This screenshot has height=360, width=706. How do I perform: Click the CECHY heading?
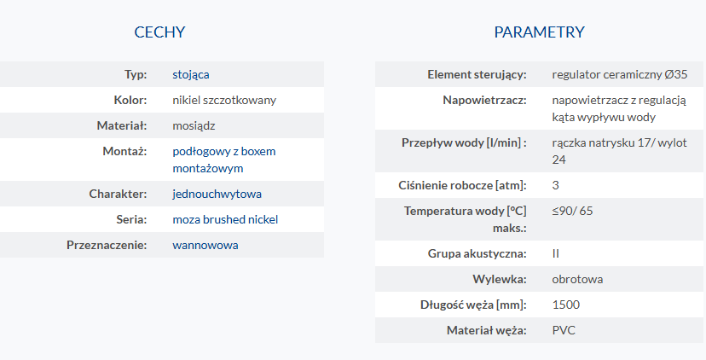pos(159,32)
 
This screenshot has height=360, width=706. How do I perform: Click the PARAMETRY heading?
pos(539,32)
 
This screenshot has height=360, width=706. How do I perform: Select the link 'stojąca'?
pos(191,74)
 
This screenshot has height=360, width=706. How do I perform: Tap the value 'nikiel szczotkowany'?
pos(224,100)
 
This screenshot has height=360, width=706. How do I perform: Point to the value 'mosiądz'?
pos(194,125)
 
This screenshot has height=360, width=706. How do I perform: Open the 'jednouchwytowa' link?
pos(217,195)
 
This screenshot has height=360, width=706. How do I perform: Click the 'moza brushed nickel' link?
pos(225,219)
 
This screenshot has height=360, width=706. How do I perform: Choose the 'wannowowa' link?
pos(205,245)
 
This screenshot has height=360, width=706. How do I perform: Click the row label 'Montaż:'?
pos(124,151)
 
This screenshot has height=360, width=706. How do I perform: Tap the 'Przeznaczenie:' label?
pos(107,245)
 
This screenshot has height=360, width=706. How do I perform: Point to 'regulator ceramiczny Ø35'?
pos(620,74)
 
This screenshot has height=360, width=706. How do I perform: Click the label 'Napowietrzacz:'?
pos(484,100)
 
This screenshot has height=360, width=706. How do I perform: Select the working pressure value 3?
pos(556,185)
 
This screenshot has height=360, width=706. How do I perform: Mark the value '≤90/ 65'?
pos(572,211)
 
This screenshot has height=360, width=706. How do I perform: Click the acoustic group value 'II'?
pos(556,253)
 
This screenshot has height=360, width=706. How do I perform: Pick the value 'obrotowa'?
pos(577,279)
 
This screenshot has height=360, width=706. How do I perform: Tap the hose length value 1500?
pos(566,305)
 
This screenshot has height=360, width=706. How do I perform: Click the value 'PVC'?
pos(564,331)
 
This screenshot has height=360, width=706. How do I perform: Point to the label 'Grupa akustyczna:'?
pos(477,253)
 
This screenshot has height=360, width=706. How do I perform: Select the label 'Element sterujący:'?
pos(477,75)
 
